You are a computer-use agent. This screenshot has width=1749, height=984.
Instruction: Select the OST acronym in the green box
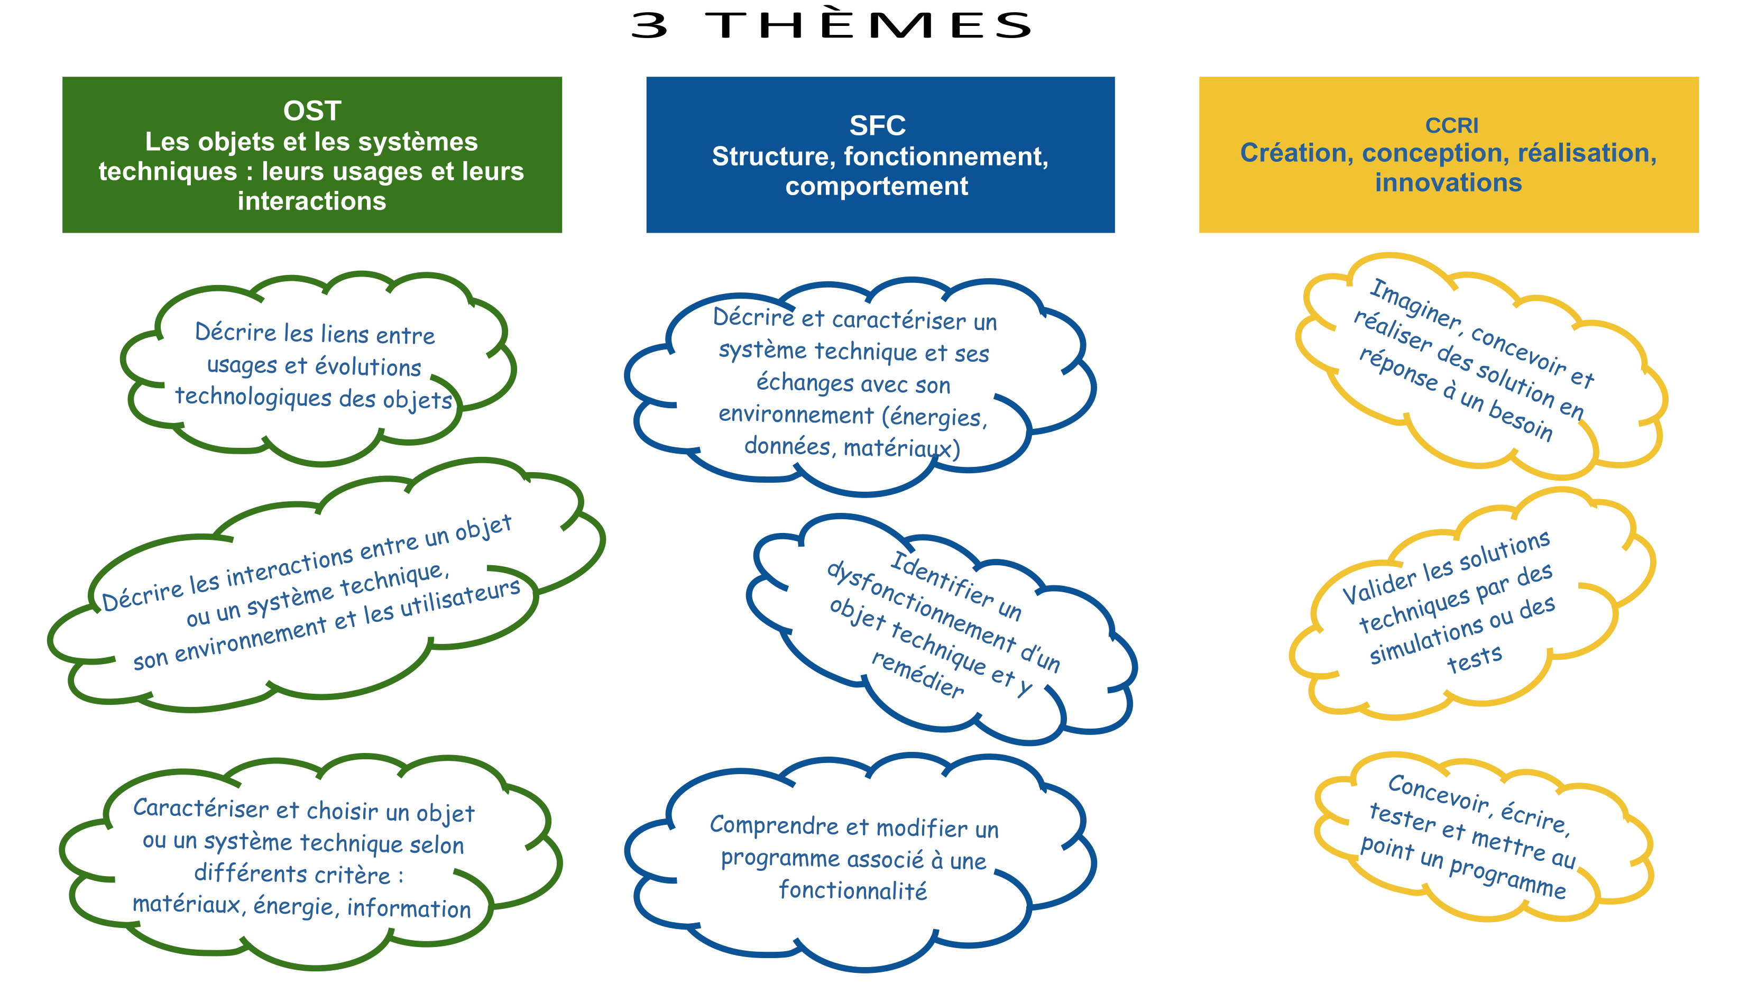point(311,111)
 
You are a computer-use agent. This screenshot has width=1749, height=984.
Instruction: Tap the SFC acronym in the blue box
point(877,126)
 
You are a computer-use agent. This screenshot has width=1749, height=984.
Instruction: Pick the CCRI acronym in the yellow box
point(1451,126)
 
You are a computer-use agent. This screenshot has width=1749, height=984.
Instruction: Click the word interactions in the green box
point(311,201)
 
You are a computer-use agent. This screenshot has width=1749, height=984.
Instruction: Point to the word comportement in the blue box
point(877,186)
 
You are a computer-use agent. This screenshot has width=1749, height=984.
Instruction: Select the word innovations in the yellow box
point(1448,182)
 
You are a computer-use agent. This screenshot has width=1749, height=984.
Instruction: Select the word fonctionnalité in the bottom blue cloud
point(853,890)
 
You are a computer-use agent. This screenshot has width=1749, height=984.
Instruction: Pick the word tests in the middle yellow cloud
point(1474,659)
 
